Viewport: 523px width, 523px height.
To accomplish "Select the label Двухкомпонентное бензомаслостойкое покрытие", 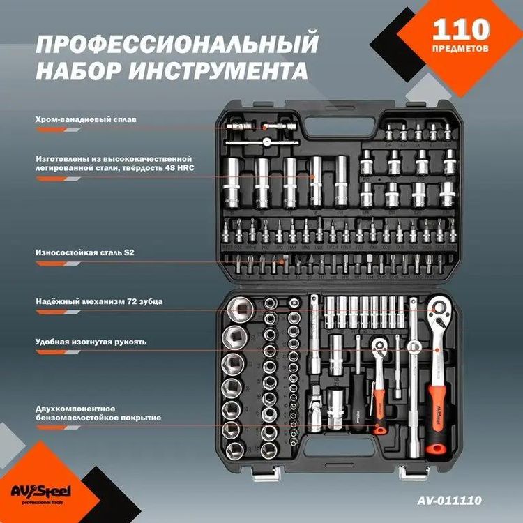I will pyautogui.click(x=98, y=413).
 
